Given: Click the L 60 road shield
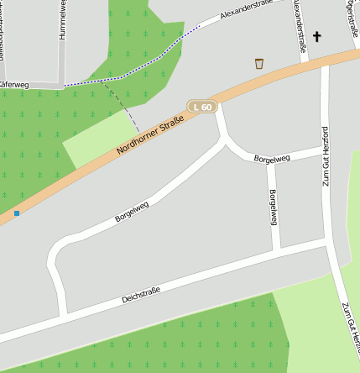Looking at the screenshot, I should (202, 107).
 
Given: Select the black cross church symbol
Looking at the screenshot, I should (317, 36).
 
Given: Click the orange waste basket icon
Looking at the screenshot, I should (259, 63).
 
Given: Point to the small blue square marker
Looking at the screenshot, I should (16, 213).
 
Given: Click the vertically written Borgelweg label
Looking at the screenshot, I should (272, 208).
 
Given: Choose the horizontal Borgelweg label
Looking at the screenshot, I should (271, 158).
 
